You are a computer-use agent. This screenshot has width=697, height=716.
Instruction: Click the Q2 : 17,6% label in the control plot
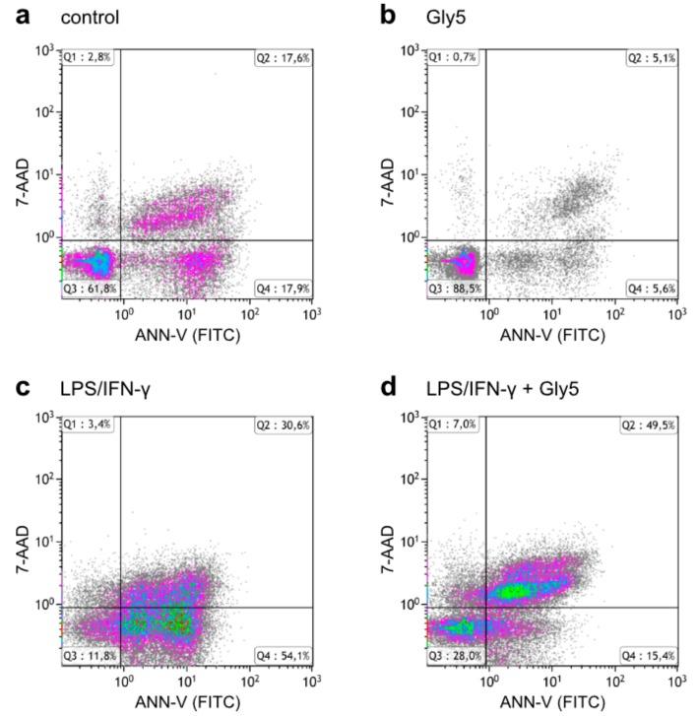pyautogui.click(x=284, y=58)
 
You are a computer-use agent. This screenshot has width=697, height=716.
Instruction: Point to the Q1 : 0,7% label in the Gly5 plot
pyautogui.click(x=453, y=58)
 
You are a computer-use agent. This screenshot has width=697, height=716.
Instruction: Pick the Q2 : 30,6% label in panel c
pyautogui.click(x=284, y=423)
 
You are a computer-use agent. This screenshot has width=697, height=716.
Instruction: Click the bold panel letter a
pyautogui.click(x=21, y=17)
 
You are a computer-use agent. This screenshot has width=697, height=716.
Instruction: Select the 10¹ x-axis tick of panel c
pyautogui.click(x=187, y=680)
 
